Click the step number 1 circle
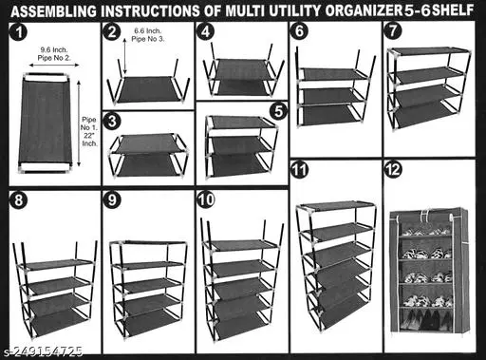[19, 32]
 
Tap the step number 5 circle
[278, 111]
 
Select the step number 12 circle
[393, 170]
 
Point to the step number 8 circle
[19, 200]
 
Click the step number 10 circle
[206, 199]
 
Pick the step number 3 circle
[112, 122]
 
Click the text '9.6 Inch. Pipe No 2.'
[54, 54]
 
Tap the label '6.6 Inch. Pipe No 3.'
[148, 35]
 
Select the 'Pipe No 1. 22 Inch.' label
[89, 131]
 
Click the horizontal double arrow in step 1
[54, 66]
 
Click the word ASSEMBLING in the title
[53, 11]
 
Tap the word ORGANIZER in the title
[364, 10]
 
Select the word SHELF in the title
[453, 10]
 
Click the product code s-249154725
[44, 351]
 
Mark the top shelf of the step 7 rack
[429, 50]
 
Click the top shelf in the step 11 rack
[337, 206]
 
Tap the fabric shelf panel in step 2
[148, 89]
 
